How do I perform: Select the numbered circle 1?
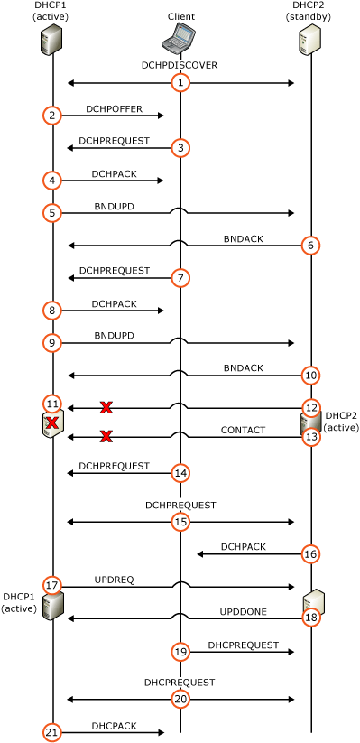coord(180,83)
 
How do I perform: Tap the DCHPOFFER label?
coord(115,108)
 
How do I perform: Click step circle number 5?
coord(52,213)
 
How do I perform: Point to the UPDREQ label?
coord(115,579)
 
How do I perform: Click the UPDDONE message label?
coord(243,611)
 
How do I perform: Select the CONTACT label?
coord(243,430)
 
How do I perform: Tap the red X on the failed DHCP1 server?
coord(51,423)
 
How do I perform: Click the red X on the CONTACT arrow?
coord(106,436)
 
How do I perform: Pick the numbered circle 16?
coord(311,553)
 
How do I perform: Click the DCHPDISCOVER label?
coord(180,65)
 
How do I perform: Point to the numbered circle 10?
coord(311,376)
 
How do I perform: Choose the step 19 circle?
coord(180,652)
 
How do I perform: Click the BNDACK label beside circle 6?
coord(243,239)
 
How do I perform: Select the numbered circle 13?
coord(311,437)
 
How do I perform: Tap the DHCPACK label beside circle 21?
coord(115,726)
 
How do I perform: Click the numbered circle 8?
coord(52,311)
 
